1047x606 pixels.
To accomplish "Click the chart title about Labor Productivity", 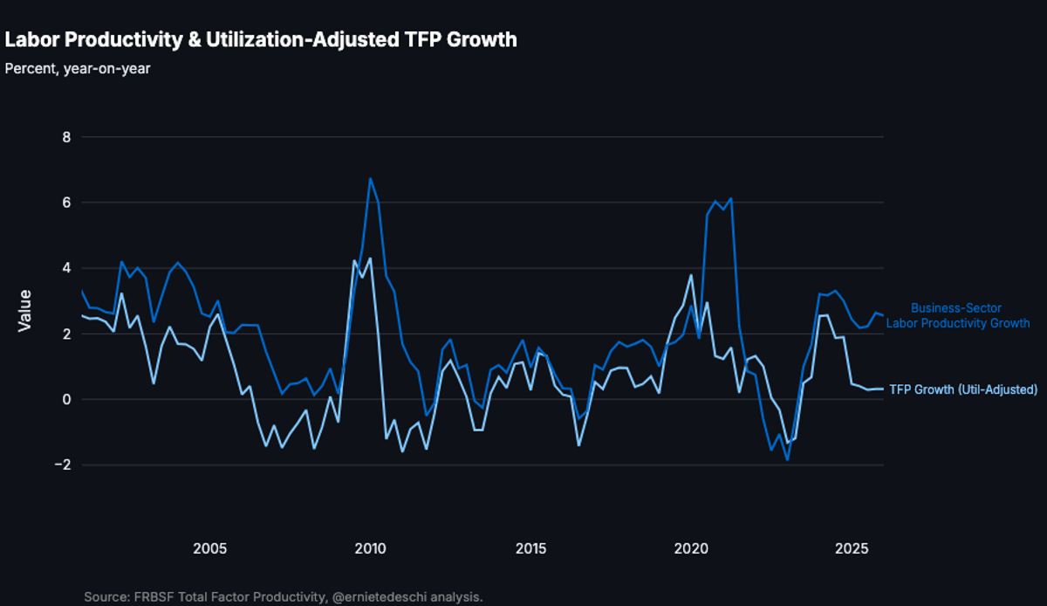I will point(261,39).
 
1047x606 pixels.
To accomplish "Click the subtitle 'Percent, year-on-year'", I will point(78,68).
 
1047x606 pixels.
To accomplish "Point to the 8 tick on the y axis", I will point(65,137).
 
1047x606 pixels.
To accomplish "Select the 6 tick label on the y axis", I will point(65,203).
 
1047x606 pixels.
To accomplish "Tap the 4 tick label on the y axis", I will point(65,268).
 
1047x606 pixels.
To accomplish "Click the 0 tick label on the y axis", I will point(65,399).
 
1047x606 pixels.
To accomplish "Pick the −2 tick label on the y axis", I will point(60,465).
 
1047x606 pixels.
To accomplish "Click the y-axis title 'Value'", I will point(24,311).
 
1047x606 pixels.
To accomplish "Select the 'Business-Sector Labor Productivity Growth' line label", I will point(957,315).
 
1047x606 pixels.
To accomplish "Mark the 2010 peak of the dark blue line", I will point(370,179).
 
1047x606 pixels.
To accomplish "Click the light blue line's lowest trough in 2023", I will point(787,459).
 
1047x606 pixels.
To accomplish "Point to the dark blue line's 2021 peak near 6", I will point(731,199).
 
